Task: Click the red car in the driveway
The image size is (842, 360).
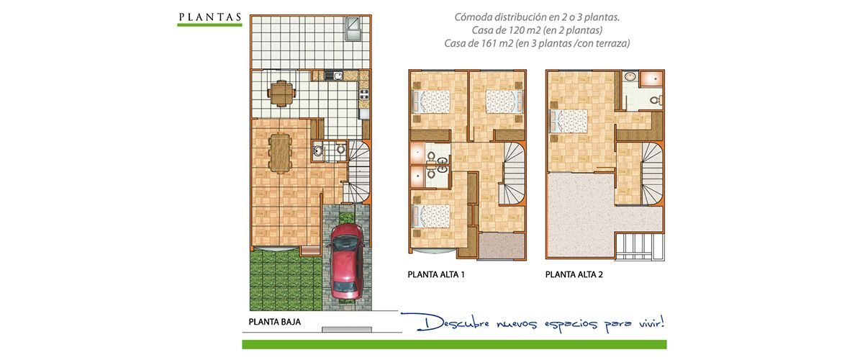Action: (346, 261)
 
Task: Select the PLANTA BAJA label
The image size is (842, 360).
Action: (274, 323)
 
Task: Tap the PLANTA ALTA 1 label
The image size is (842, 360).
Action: (436, 274)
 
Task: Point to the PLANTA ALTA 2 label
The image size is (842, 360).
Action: (574, 274)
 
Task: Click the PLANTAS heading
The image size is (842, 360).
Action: (209, 17)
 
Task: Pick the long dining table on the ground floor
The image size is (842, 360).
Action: (280, 153)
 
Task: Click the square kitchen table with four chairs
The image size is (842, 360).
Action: (281, 94)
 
